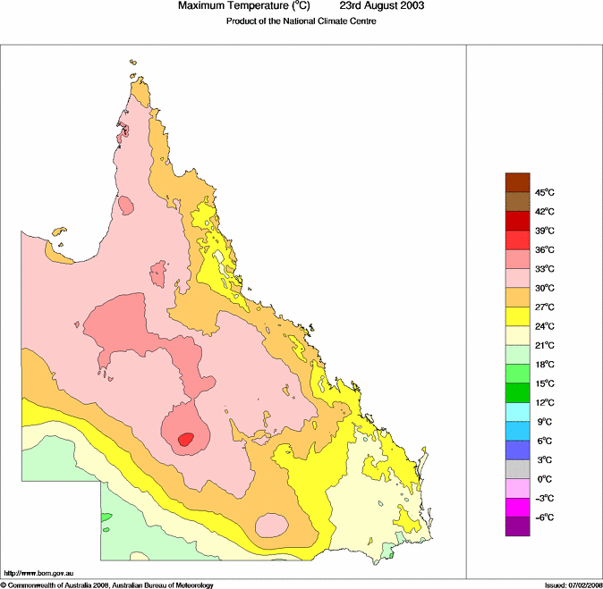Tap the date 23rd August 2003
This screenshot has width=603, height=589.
pos(382,6)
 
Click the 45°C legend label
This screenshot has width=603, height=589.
pos(546,192)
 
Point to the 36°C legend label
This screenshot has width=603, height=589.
pos(546,249)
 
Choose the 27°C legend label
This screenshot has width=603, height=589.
pos(546,307)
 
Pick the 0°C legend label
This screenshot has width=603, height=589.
pos(544,479)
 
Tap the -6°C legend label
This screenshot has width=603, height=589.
pos(545,517)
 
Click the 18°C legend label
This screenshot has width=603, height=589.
pos(546,365)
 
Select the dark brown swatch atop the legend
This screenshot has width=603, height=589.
pos(518,181)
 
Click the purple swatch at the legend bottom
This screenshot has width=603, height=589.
pos(518,527)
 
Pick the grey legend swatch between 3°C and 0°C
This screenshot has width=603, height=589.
pos(518,469)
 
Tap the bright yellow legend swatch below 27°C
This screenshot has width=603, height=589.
pos(518,316)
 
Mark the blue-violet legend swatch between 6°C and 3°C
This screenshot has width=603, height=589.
pos(518,450)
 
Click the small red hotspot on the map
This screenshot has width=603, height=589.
pos(186,439)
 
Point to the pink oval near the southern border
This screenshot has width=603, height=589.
pos(271,525)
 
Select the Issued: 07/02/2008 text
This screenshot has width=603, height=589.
pos(573,585)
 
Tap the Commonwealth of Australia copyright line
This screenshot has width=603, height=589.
pos(107,585)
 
